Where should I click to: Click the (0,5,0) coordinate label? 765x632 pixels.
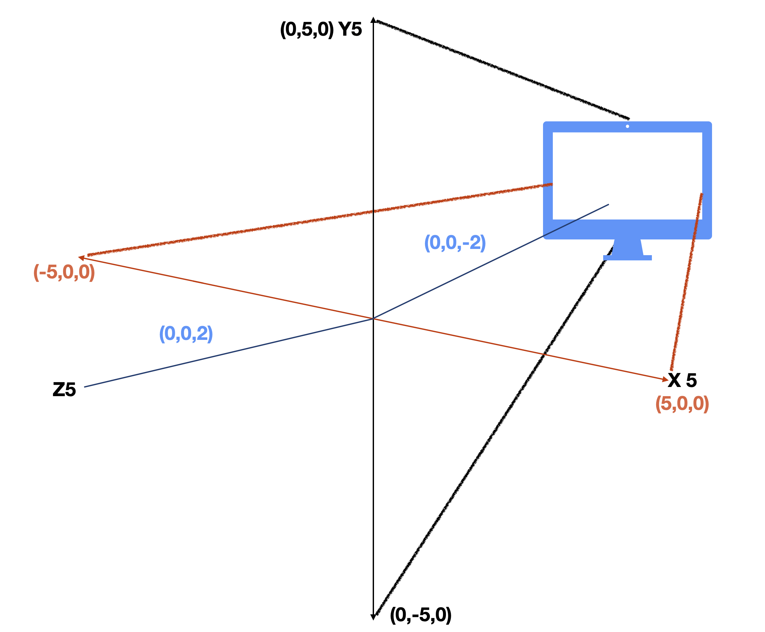tap(306, 29)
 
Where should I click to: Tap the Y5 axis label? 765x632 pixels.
tap(350, 29)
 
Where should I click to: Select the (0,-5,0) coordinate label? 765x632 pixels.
tap(420, 615)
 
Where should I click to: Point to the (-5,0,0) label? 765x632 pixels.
tap(64, 272)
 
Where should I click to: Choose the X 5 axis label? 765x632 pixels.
tap(682, 380)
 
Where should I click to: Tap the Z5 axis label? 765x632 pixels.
tap(64, 390)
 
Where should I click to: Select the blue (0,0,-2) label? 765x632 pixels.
tap(455, 243)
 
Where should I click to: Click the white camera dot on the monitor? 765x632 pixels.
tap(627, 126)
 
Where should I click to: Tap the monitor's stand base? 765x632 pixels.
tap(627, 258)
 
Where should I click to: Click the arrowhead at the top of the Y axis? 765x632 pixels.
tap(373, 20)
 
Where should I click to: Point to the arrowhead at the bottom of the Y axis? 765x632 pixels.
tap(373, 617)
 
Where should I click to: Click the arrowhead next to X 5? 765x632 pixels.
tap(665, 379)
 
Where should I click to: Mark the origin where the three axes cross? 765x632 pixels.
tap(373, 319)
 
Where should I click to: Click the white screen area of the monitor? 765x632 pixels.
tap(627, 164)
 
